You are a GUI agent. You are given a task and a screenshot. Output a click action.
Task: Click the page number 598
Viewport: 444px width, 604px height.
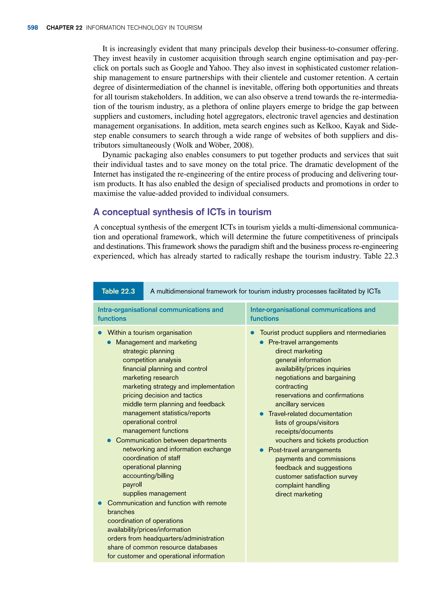pyautogui.click(x=33, y=28)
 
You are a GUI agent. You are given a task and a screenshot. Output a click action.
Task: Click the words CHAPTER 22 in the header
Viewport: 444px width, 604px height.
pyautogui.click(x=64, y=28)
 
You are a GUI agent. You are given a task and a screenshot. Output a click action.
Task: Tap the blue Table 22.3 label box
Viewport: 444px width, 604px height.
pyautogui.click(x=118, y=291)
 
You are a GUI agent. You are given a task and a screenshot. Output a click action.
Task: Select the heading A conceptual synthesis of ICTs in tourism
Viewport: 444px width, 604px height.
pyautogui.click(x=182, y=212)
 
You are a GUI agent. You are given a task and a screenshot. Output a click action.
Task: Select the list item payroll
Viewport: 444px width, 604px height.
pyautogui.click(x=132, y=485)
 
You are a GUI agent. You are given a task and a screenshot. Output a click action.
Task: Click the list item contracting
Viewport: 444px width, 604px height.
pyautogui.click(x=291, y=387)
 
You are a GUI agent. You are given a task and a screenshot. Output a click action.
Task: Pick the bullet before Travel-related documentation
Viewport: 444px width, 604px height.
pyautogui.click(x=261, y=414)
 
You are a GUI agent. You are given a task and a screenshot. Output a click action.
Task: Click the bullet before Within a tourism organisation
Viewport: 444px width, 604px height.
pyautogui.click(x=100, y=333)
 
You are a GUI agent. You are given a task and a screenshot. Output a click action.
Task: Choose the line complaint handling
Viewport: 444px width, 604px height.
pyautogui.click(x=302, y=485)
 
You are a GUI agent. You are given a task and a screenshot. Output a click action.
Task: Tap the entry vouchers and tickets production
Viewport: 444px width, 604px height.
pyautogui.click(x=322, y=440)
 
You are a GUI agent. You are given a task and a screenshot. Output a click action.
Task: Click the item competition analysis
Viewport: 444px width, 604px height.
pyautogui.click(x=152, y=360)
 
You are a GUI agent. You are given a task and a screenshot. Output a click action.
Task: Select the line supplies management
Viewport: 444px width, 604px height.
pyautogui.click(x=154, y=494)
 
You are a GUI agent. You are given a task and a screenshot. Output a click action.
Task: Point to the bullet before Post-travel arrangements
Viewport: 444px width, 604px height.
pyautogui.click(x=261, y=450)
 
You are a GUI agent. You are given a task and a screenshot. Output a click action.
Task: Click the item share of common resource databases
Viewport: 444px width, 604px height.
pyautogui.click(x=162, y=547)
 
